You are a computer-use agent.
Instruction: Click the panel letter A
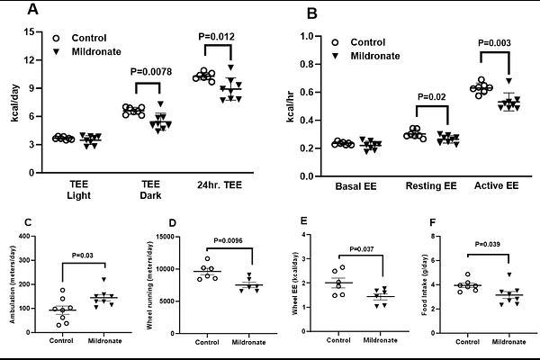pyautogui.click(x=33, y=10)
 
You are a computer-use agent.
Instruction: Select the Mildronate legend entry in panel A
pyautogui.click(x=96, y=53)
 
